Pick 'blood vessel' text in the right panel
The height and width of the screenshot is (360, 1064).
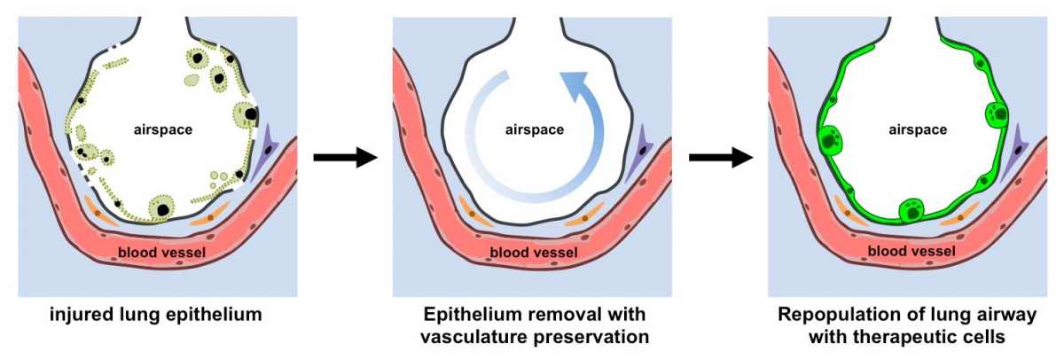pos(911,253)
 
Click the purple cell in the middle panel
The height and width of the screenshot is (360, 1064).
pos(641,153)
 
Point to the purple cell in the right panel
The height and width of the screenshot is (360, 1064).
pos(1016,153)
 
